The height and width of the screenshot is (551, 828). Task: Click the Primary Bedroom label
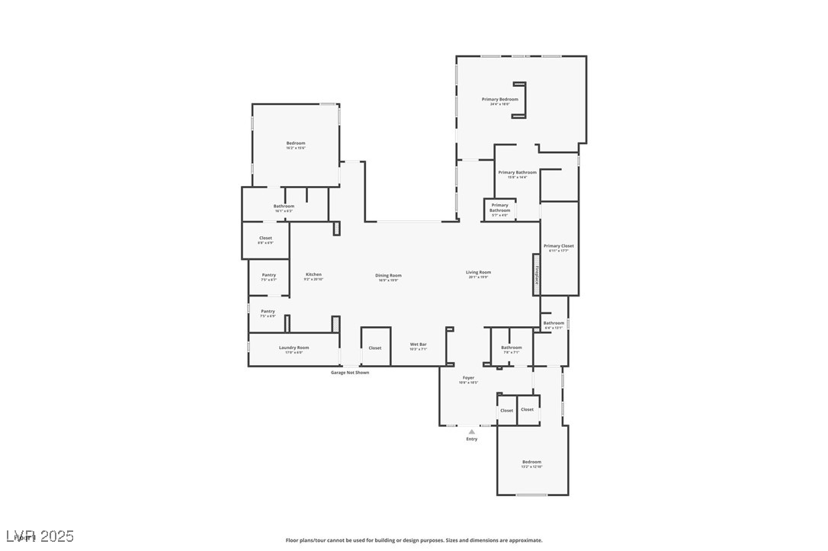pyautogui.click(x=499, y=99)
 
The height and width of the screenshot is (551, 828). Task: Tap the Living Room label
pyautogui.click(x=479, y=272)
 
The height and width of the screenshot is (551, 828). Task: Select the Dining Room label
pyautogui.click(x=388, y=275)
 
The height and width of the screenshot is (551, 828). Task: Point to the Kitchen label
pyautogui.click(x=313, y=274)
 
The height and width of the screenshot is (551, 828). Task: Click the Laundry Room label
pyautogui.click(x=294, y=348)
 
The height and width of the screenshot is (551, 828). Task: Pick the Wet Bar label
pyautogui.click(x=419, y=344)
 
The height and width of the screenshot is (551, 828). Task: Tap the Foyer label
pyautogui.click(x=468, y=378)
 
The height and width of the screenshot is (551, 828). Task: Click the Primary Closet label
pyautogui.click(x=558, y=246)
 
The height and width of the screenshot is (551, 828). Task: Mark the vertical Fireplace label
pyautogui.click(x=536, y=274)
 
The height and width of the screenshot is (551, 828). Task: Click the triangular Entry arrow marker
pyautogui.click(x=472, y=431)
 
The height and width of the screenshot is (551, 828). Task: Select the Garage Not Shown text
pyautogui.click(x=350, y=373)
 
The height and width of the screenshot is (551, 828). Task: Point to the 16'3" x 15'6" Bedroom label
pyautogui.click(x=296, y=143)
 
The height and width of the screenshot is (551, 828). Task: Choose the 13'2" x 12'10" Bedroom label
pyautogui.click(x=531, y=462)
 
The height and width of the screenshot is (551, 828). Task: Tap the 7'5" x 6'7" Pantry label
pyautogui.click(x=268, y=275)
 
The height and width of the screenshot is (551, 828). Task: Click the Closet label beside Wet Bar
pyautogui.click(x=375, y=348)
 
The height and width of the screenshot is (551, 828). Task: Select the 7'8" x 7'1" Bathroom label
pyautogui.click(x=511, y=348)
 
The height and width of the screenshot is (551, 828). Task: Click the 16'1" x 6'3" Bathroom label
pyautogui.click(x=284, y=207)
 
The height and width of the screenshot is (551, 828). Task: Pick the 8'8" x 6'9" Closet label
pyautogui.click(x=265, y=239)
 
